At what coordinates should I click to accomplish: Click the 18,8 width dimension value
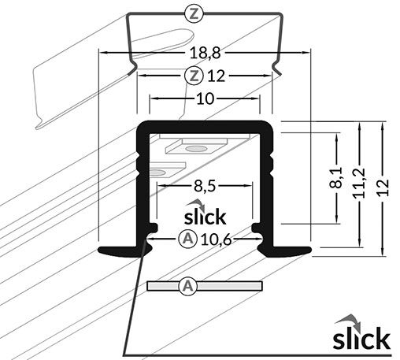205,53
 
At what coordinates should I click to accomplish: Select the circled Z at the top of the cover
195,13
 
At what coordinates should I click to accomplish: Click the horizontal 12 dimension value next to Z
217,76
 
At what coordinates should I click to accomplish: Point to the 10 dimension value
205,98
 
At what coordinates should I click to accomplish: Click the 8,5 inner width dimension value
205,187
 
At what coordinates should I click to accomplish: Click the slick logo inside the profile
204,214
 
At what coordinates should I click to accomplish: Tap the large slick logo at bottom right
361,337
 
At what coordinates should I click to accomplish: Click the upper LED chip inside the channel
197,147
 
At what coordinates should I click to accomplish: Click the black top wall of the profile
205,126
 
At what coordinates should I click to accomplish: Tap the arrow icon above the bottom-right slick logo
347,320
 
